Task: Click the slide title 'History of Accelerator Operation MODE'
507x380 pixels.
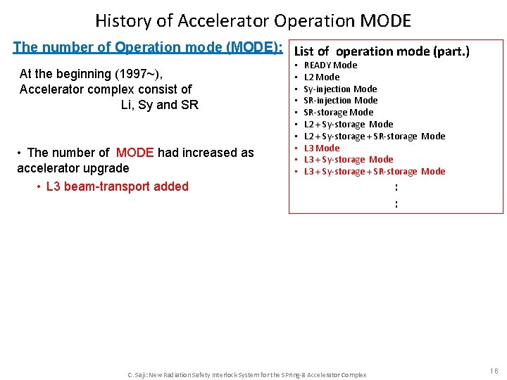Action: click(253, 21)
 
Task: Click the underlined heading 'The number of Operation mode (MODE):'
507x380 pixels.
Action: click(148, 48)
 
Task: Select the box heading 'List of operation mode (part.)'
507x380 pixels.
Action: click(381, 51)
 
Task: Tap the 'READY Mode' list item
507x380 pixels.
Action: click(330, 65)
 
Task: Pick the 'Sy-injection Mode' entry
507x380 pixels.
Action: click(340, 89)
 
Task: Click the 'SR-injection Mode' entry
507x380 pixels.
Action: click(340, 101)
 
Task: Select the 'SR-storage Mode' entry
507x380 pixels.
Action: click(338, 113)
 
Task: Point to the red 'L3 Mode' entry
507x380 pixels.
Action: click(321, 148)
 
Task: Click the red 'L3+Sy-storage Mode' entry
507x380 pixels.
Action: click(348, 160)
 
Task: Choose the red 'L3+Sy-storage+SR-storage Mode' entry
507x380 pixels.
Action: click(374, 172)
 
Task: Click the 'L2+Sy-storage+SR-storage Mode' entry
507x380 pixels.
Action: click(374, 137)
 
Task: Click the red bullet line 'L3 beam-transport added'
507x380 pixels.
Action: click(117, 186)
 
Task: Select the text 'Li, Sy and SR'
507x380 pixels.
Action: click(159, 105)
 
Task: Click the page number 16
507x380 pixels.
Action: click(494, 371)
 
